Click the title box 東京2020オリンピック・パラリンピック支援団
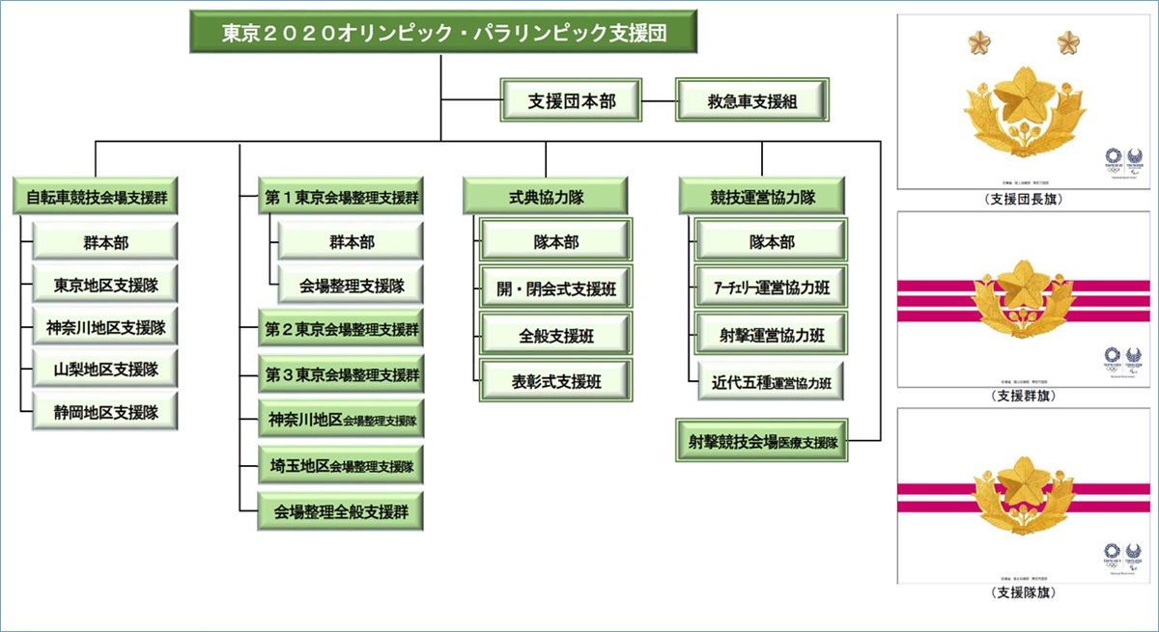pyautogui.click(x=443, y=34)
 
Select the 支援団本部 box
pyautogui.click(x=573, y=100)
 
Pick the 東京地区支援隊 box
pyautogui.click(x=105, y=286)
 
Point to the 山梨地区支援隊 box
pyautogui.click(x=105, y=369)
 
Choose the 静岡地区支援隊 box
pyautogui.click(x=105, y=412)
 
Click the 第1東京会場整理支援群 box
pyautogui.click(x=341, y=197)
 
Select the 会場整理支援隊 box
pyautogui.click(x=352, y=286)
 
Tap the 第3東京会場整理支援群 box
pyautogui.click(x=341, y=373)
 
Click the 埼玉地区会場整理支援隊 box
pyautogui.click(x=341, y=466)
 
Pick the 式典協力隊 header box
pyautogui.click(x=546, y=197)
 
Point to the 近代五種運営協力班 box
pyautogui.click(x=772, y=381)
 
